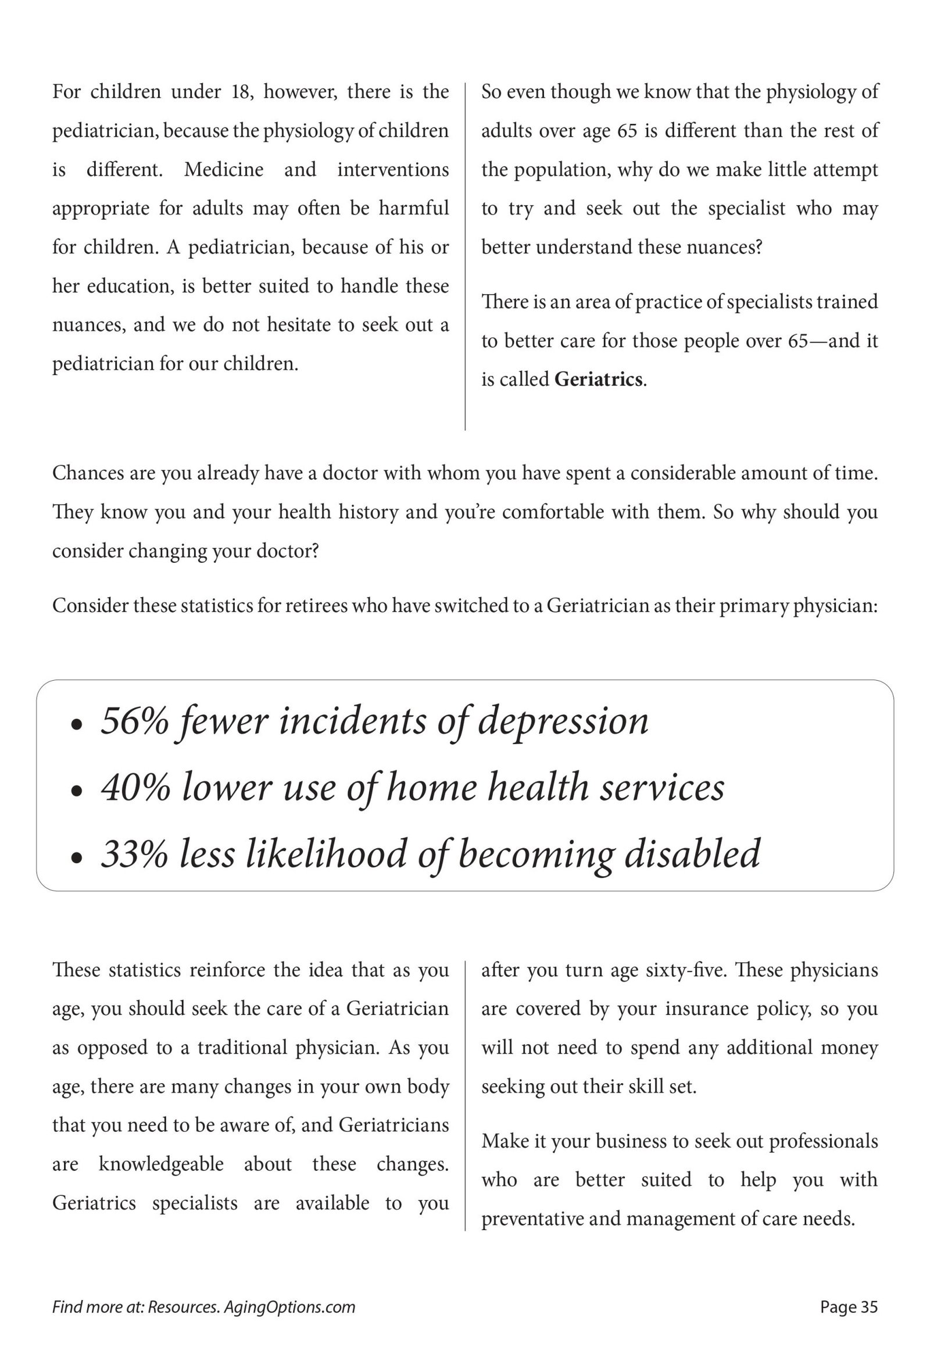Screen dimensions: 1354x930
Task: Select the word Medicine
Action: pyautogui.click(x=224, y=170)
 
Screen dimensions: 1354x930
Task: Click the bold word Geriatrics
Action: pyautogui.click(x=598, y=380)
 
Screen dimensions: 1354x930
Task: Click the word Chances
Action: pyautogui.click(x=87, y=473)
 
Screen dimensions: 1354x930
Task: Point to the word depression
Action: pyautogui.click(x=563, y=721)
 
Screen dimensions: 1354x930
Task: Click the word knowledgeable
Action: pyautogui.click(x=161, y=1164)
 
